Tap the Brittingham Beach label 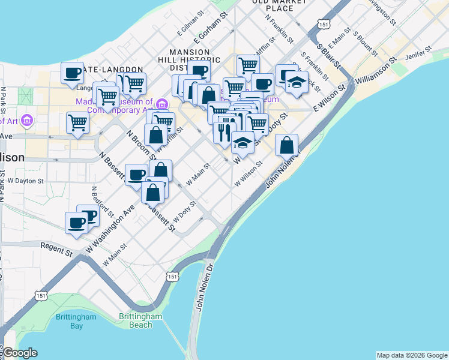pyautogui.click(x=140, y=320)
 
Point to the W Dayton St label pyautogui.click(x=25, y=180)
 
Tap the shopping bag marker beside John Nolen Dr pyautogui.click(x=287, y=144)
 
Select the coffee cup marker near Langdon pyautogui.click(x=72, y=73)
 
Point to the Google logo pyautogui.click(x=19, y=353)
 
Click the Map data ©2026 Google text pyautogui.click(x=411, y=355)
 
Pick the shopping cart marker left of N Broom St pyautogui.click(x=78, y=122)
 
